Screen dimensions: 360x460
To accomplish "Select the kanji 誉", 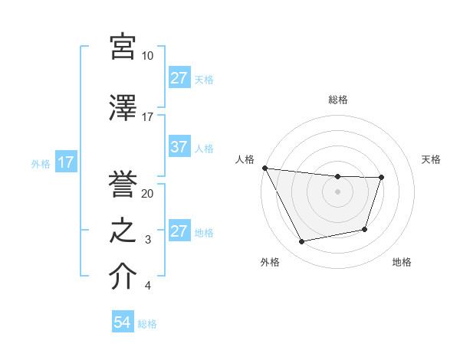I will click(x=123, y=182).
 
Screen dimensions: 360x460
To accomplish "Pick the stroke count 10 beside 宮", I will click(x=148, y=56).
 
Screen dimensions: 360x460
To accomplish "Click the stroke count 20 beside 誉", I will click(x=148, y=193).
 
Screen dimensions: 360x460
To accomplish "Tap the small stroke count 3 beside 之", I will click(x=148, y=240).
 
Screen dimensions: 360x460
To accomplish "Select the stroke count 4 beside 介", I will click(x=148, y=286).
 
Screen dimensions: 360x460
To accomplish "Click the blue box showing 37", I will click(x=179, y=148).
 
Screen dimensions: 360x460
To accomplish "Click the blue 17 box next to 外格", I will click(x=65, y=162).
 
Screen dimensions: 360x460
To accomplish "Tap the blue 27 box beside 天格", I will click(x=179, y=78).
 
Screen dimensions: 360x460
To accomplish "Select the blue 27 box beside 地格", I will click(x=179, y=232).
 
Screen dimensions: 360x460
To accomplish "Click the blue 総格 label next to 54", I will click(x=147, y=324).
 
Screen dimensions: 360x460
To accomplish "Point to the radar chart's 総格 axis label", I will click(x=337, y=100).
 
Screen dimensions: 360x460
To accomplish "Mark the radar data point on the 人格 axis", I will click(x=264, y=168).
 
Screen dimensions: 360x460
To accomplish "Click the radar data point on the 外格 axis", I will click(x=301, y=242).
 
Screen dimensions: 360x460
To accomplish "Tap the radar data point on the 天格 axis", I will click(x=381, y=178).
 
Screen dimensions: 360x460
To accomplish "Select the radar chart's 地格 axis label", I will click(x=402, y=263).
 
